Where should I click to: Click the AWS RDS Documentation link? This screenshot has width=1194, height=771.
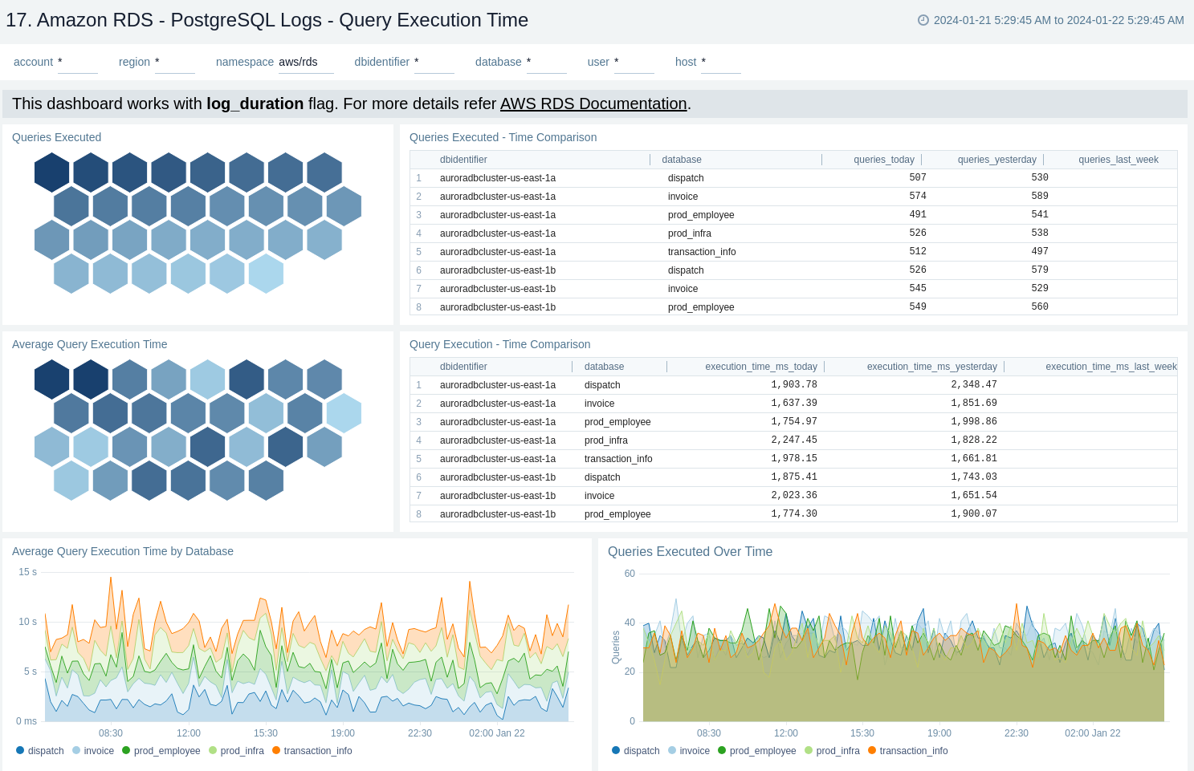[593, 103]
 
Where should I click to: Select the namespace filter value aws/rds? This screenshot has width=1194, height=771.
[298, 62]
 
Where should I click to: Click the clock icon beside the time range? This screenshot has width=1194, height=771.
[923, 20]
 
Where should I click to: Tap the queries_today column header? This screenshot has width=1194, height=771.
[883, 160]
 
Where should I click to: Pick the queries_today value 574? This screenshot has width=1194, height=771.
[917, 196]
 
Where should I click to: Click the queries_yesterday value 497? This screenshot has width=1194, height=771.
[1039, 251]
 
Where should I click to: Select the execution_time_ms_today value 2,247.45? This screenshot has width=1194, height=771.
[793, 440]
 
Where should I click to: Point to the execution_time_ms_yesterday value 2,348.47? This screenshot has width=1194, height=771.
[973, 384]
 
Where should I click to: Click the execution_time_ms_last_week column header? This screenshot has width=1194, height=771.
[1110, 367]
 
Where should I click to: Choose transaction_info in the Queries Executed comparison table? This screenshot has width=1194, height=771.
[701, 252]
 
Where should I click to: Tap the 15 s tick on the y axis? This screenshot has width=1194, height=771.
[28, 572]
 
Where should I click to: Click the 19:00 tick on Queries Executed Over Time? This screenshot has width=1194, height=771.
[939, 733]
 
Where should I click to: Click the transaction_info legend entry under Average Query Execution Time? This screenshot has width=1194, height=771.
[317, 751]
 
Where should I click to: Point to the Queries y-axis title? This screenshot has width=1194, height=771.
[616, 647]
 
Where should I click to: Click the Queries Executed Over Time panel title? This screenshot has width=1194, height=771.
[690, 551]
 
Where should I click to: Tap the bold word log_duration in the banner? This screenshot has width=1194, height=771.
[255, 103]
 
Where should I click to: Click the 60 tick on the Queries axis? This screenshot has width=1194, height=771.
[630, 574]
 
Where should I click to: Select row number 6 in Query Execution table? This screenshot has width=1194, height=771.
[418, 477]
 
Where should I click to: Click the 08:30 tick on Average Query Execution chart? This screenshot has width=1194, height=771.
[111, 733]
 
